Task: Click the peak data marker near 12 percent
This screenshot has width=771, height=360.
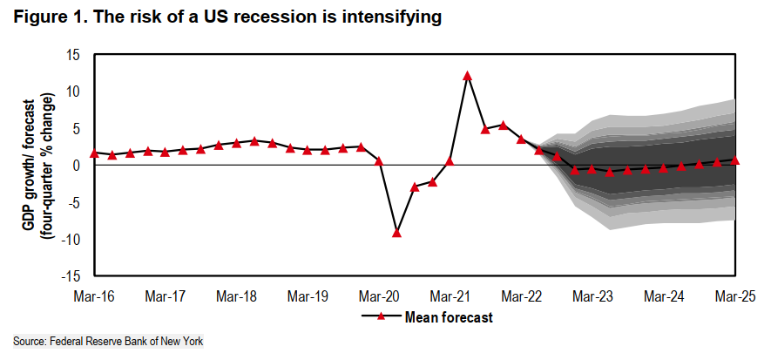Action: pyautogui.click(x=467, y=76)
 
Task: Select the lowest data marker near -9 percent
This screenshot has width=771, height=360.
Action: pyautogui.click(x=396, y=233)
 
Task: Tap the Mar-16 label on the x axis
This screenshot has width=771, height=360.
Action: pyautogui.click(x=93, y=296)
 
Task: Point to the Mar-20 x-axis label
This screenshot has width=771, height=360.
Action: pyautogui.click(x=380, y=296)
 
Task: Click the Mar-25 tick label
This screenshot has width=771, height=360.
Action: pyautogui.click(x=735, y=296)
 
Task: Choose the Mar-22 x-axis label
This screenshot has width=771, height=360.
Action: pyautogui.click(x=522, y=296)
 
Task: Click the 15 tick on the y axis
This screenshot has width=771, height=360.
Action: pyautogui.click(x=73, y=55)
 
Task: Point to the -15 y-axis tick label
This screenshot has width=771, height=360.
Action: pyautogui.click(x=71, y=277)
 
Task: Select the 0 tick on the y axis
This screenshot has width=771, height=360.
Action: pyautogui.click(x=77, y=166)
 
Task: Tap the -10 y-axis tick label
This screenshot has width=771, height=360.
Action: pyautogui.click(x=71, y=240)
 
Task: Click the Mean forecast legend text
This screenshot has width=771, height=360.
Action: pyautogui.click(x=450, y=317)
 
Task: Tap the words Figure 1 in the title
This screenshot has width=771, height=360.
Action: pyautogui.click(x=44, y=18)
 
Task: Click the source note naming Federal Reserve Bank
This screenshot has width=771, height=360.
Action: pyautogui.click(x=108, y=341)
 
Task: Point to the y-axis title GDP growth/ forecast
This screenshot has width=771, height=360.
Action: pyautogui.click(x=28, y=166)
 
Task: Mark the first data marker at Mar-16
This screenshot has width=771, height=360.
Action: pyautogui.click(x=93, y=153)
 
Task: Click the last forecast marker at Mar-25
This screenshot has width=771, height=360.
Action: pyautogui.click(x=735, y=160)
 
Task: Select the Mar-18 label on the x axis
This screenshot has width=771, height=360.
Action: pyautogui.click(x=236, y=296)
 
